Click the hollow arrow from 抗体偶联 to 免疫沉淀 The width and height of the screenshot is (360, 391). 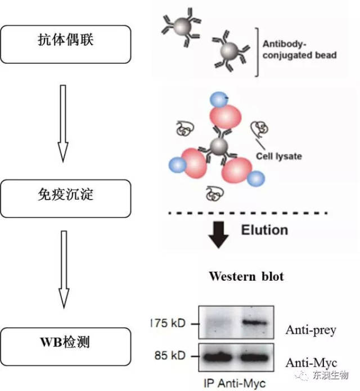pyautogui.click(x=63, y=121)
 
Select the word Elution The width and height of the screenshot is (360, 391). pyautogui.click(x=264, y=230)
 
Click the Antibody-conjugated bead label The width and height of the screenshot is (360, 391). pyautogui.click(x=299, y=50)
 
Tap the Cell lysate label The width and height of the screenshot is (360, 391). pyautogui.click(x=278, y=156)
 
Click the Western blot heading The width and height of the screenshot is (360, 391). pyautogui.click(x=246, y=276)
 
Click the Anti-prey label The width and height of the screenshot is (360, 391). pyautogui.click(x=310, y=330)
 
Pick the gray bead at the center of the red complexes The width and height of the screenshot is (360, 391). pyautogui.click(x=218, y=147)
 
